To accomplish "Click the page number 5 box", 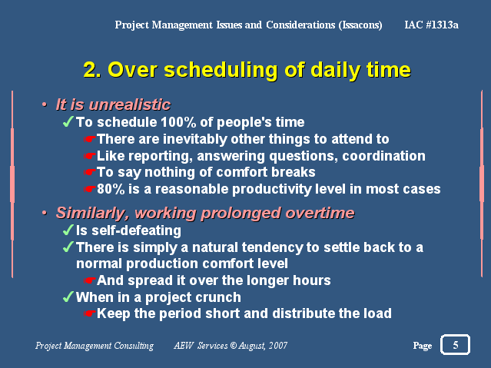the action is tap(455, 344).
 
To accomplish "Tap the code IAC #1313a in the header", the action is tap(431, 25).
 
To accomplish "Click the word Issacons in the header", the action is tap(360, 25).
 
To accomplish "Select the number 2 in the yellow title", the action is tap(90, 70).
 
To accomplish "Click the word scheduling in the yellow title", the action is tap(221, 70).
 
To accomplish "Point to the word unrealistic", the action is tap(130, 104).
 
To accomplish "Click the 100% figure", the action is tap(178, 122).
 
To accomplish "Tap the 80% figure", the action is tap(111, 189).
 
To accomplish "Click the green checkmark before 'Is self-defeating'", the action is tap(68, 230).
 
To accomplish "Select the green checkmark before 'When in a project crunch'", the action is tap(68, 297).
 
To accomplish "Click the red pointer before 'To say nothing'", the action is tap(90, 172).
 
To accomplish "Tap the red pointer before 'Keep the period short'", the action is tap(90, 313).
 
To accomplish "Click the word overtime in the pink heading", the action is tap(320, 213).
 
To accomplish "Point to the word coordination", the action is tap(383, 156).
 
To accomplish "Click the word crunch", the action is tap(221, 297).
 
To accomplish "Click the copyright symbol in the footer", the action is tap(234, 345).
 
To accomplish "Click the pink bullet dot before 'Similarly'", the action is tap(45, 213).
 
